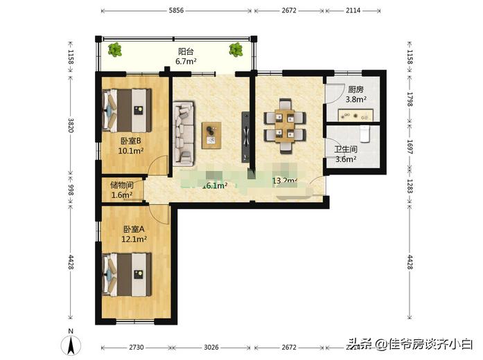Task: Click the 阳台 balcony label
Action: point(185,51)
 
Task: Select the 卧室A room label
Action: point(134,229)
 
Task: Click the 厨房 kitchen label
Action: point(355,89)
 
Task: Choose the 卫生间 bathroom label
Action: point(345,149)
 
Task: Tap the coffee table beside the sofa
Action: point(211,134)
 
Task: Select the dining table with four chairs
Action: point(284,125)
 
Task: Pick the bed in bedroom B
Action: point(128,110)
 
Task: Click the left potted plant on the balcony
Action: point(115,49)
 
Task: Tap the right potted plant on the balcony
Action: point(235,49)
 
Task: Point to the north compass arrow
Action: point(70,343)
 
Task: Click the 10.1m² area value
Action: point(130,151)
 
